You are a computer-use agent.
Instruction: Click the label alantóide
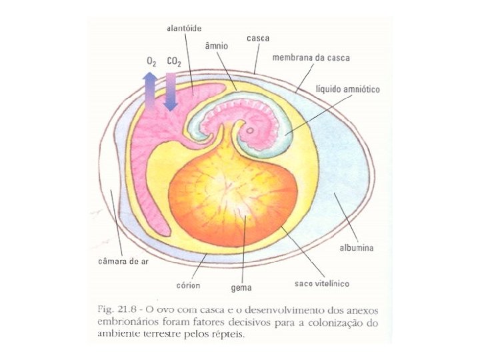pos(183,28)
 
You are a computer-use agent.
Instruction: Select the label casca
pos(257,38)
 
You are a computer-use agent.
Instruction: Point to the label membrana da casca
pos(311,58)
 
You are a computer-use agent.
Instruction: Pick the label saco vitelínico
pos(321,283)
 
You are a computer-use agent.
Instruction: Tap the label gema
pos(241,288)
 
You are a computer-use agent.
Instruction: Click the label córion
pos(189,285)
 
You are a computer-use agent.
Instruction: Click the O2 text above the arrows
pos(151,61)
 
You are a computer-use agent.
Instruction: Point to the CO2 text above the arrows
pos(174,61)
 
